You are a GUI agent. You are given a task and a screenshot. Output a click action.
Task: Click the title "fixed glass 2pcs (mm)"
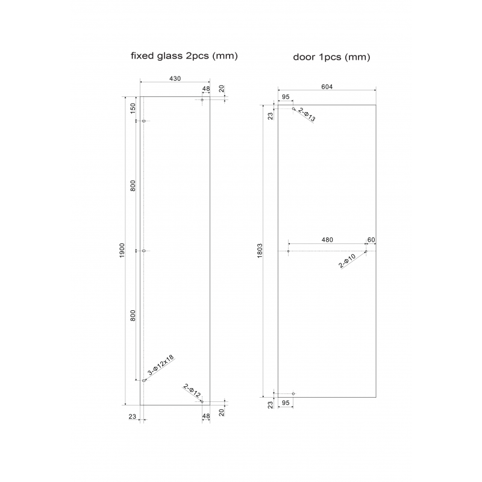(x=184, y=56)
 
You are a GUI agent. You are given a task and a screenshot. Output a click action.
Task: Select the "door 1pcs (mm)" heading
(x=331, y=58)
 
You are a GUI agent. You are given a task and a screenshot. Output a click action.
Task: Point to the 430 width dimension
(x=175, y=78)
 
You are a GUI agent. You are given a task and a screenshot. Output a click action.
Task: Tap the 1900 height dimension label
(x=122, y=249)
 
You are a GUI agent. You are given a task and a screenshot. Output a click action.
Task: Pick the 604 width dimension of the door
(x=327, y=87)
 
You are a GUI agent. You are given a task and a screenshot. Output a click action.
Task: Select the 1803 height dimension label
(x=260, y=251)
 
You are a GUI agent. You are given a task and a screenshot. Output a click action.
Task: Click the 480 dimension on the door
(x=327, y=240)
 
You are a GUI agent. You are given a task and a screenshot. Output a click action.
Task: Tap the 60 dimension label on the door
(x=371, y=240)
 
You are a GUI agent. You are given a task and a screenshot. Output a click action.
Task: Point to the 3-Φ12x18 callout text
(x=160, y=365)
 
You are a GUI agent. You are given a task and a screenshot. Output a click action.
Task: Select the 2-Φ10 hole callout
(x=348, y=260)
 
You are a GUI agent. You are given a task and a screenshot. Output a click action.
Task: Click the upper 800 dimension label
(x=133, y=186)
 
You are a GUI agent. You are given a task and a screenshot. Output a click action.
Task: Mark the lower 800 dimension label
(x=133, y=315)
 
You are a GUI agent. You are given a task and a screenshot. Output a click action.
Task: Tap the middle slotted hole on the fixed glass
(x=144, y=251)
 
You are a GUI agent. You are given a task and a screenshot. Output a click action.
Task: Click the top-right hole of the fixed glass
(x=202, y=100)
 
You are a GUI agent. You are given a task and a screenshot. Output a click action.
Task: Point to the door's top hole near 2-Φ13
(x=293, y=109)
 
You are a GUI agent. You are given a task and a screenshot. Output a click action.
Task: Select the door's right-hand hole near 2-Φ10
(x=366, y=251)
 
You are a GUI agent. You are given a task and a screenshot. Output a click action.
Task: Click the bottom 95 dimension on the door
(x=286, y=402)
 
